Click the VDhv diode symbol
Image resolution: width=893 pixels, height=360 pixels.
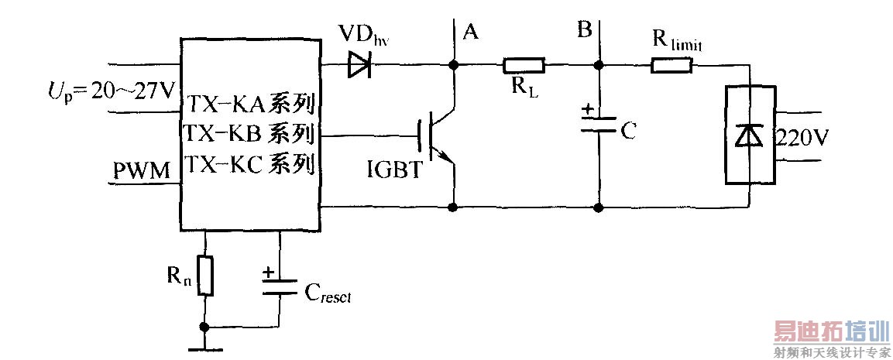click(360, 66)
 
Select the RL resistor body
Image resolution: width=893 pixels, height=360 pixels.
click(524, 66)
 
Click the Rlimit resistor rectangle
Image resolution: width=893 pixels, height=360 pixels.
click(671, 66)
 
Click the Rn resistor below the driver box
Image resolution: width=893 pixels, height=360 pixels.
click(204, 276)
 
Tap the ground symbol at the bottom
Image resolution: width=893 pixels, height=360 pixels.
click(204, 348)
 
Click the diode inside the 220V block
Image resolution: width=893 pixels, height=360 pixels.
click(749, 136)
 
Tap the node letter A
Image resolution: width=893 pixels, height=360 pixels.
click(469, 32)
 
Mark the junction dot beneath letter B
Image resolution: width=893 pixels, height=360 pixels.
click(598, 66)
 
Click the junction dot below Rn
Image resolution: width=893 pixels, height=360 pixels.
click(204, 327)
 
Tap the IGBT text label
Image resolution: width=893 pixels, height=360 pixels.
click(396, 170)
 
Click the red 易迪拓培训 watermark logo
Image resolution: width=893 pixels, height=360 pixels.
click(830, 334)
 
